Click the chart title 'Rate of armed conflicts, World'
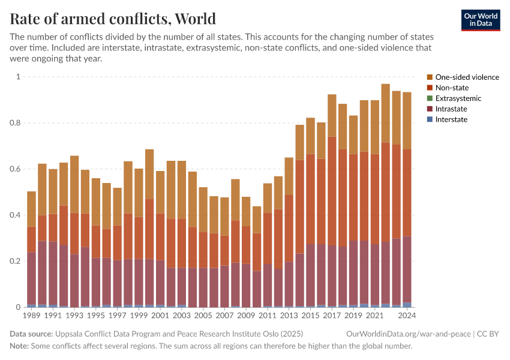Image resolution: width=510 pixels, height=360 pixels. pos(113,19)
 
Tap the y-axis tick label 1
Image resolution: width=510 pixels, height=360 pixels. pos(18,77)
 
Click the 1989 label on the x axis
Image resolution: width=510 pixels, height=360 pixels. pos(31,316)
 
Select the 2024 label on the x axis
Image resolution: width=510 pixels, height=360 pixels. pos(407,316)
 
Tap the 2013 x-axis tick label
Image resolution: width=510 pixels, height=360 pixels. pos(289,316)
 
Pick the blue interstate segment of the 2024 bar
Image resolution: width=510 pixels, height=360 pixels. pos(407,305)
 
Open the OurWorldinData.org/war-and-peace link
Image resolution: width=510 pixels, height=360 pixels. pos(409,334)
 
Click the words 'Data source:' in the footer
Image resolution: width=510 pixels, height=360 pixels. pos(31,334)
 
